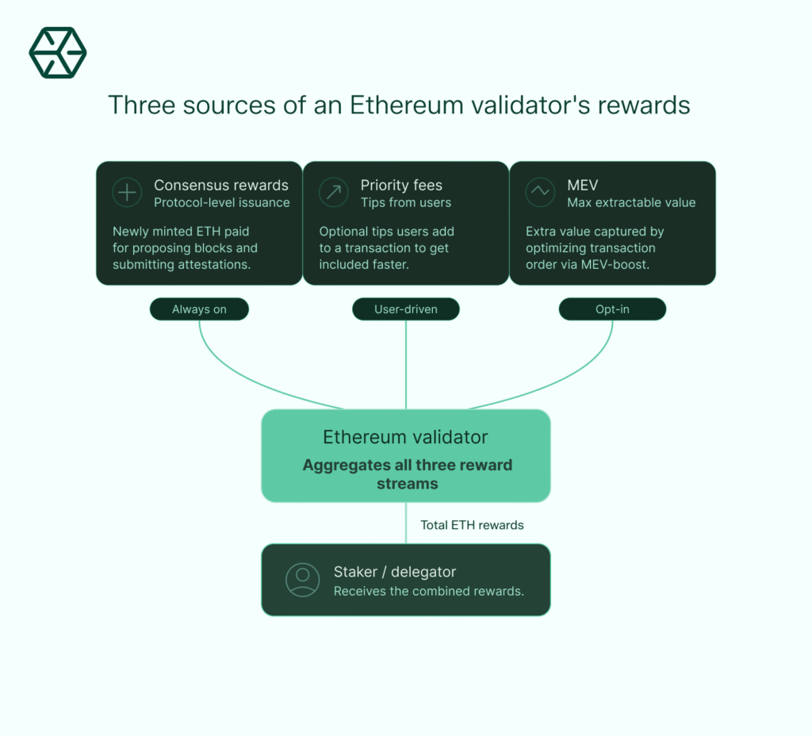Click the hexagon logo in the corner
58,53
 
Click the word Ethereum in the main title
396,105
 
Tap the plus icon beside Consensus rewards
127,193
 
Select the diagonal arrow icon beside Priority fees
333,193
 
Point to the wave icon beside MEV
540,193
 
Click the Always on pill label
199,309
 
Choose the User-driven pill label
406,309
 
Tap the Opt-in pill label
612,309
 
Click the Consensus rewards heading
221,186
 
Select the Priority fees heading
401,186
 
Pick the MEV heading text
583,186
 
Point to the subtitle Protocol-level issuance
222,203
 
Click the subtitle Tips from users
406,203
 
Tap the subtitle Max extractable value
631,203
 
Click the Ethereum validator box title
405,437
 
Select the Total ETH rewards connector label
472,525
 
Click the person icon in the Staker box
302,580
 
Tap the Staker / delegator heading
395,572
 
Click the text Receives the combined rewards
429,591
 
